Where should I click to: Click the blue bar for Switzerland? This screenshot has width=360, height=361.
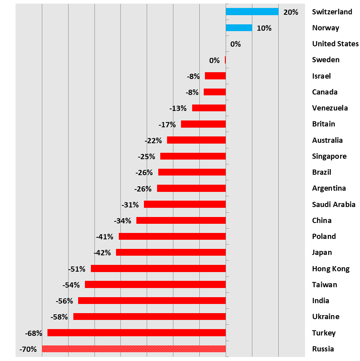tap(252, 12)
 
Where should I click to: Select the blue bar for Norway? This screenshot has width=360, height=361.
tap(239, 28)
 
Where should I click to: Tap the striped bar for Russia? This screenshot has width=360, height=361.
tap(134, 349)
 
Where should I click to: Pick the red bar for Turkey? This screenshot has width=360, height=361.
tap(136, 333)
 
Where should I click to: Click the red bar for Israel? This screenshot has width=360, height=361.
tap(215, 76)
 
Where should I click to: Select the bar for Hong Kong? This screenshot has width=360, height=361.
tap(158, 268)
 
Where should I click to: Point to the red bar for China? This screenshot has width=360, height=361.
tap(181, 220)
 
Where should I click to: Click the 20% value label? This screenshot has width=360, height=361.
tap(291, 12)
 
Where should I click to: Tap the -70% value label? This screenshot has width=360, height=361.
tap(28, 349)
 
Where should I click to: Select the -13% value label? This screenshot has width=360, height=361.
tap(178, 108)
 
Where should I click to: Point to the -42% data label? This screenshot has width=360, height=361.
tap(102, 253)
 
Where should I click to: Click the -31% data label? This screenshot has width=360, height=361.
tap(130, 205)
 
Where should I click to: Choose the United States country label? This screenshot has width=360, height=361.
tap(335, 44)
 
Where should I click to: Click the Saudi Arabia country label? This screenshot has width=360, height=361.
tap(334, 204)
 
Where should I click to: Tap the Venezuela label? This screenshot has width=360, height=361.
tap(330, 108)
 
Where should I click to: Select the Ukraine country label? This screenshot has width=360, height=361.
tap(326, 317)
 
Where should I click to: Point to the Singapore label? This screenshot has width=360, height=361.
tap(329, 156)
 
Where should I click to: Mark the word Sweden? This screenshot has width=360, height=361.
tap(326, 60)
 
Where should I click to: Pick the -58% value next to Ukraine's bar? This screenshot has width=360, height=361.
tap(59, 317)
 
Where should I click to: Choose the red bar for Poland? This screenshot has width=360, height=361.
tap(172, 236)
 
